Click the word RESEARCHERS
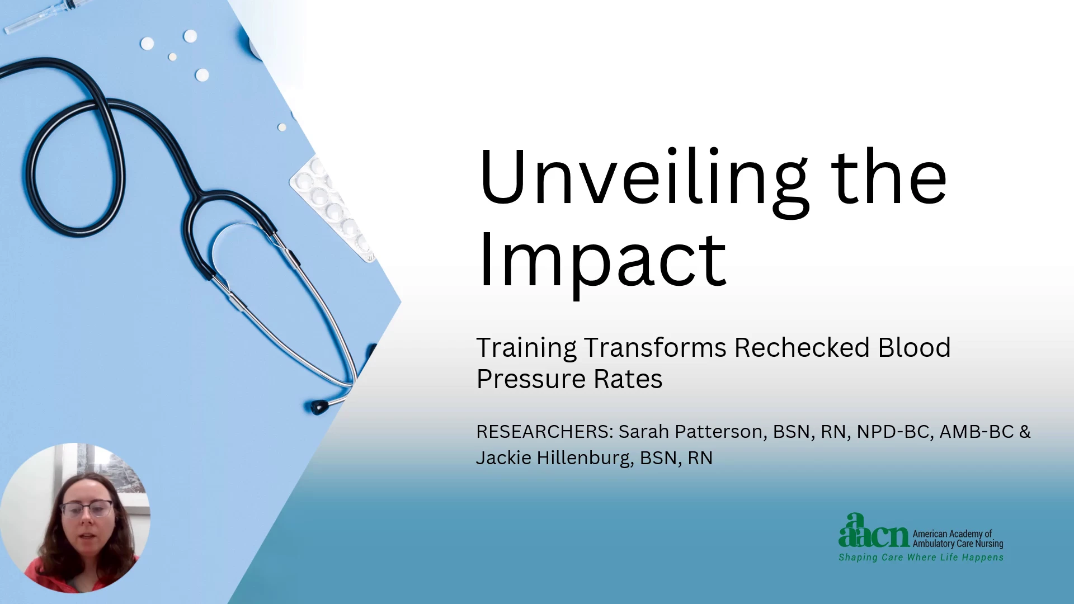[545, 432]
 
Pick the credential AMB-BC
[977, 432]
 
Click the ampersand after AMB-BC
[1025, 432]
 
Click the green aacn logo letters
[874, 531]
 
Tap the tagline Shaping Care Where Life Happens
[921, 558]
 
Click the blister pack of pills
[333, 210]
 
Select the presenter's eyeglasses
[87, 508]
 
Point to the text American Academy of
[952, 534]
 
